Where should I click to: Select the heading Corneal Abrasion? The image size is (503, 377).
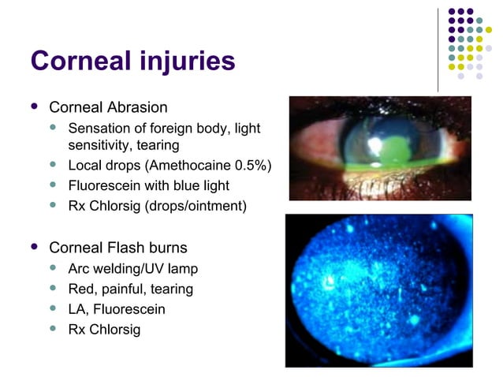[108, 106]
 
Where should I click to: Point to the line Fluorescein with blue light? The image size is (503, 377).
[149, 186]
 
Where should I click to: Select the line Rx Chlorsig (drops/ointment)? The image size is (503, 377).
[158, 207]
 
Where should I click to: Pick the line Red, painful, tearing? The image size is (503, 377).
[131, 289]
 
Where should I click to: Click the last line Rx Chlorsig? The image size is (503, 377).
[105, 330]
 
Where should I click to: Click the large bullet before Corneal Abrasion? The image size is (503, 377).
[32, 106]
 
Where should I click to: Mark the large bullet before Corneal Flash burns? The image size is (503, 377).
[32, 246]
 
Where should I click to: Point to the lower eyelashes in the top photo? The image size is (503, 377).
[378, 188]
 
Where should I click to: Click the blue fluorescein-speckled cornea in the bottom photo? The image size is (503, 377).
[378, 292]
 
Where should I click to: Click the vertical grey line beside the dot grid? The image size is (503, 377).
[438, 49]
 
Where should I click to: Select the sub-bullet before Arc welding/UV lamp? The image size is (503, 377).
[53, 268]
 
